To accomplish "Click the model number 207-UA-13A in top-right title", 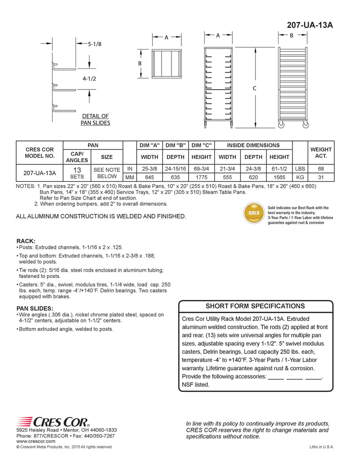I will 310,25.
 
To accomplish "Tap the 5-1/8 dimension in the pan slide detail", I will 94,44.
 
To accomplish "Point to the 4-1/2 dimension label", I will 89,78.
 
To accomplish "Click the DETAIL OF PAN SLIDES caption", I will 95,119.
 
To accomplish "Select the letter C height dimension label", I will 254,89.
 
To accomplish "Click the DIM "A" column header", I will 150,145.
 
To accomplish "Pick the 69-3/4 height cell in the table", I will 202,168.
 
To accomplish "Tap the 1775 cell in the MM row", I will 202,177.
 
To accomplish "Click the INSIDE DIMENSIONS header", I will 253,145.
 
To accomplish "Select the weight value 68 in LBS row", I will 321,168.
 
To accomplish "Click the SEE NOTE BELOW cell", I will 107,173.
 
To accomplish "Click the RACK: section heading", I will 26,241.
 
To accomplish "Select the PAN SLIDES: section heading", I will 35,308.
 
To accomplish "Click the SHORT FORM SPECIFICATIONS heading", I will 255,306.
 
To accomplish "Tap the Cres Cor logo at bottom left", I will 53,422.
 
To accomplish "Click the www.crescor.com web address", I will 36,441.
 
